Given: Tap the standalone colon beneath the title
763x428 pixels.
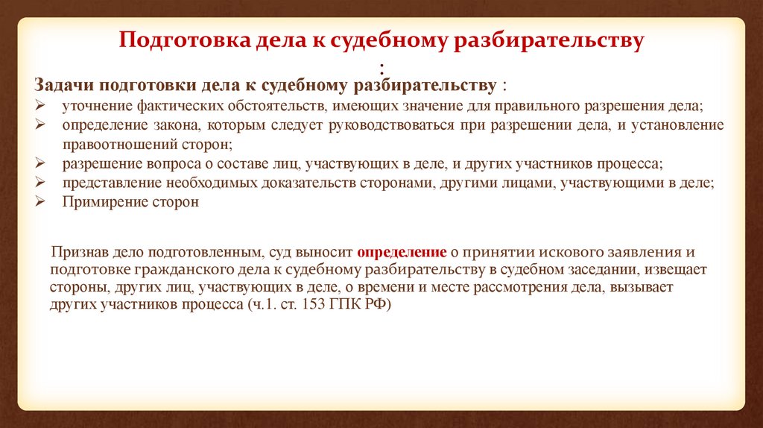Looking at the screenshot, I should click(382, 69).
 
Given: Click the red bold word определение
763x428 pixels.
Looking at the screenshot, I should click(402, 252).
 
